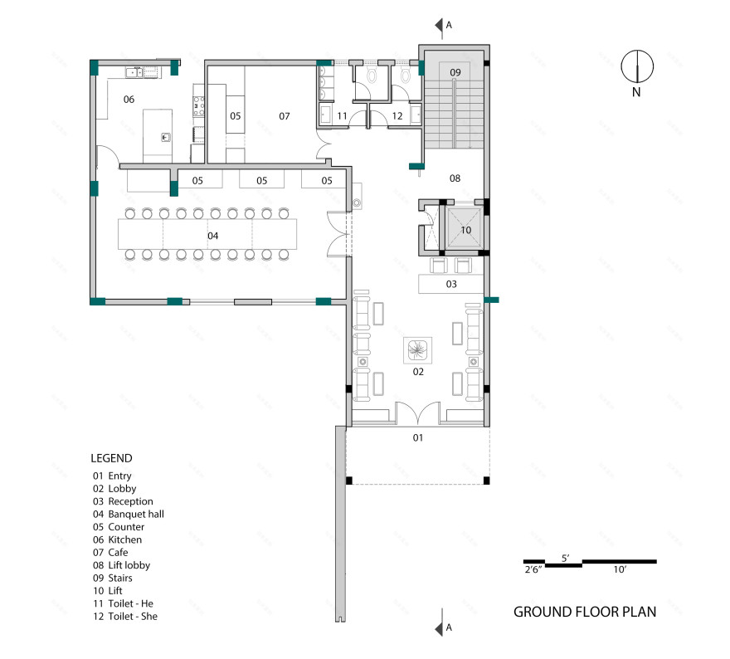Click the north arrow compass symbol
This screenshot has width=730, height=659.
(x=637, y=66)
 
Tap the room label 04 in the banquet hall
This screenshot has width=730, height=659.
(x=212, y=236)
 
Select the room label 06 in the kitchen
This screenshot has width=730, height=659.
(x=129, y=100)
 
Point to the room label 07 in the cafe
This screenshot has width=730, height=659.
(x=285, y=116)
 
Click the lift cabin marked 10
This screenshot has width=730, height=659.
(x=465, y=229)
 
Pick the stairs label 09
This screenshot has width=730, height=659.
(x=455, y=72)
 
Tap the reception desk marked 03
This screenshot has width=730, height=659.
(x=450, y=284)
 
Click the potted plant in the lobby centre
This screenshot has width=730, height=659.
(x=417, y=349)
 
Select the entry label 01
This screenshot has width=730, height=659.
(x=418, y=437)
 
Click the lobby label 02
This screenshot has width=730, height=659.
(x=418, y=371)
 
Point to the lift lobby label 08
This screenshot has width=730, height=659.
(x=455, y=178)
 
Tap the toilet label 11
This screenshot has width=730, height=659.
(x=342, y=115)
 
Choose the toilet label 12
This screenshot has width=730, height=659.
(x=397, y=115)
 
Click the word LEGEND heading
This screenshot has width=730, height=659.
(x=111, y=458)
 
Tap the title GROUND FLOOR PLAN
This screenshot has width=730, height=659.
(x=585, y=612)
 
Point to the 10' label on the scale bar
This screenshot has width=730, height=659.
(x=620, y=569)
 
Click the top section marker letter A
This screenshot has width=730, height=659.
(x=449, y=25)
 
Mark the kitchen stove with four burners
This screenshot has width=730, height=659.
(x=199, y=106)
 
